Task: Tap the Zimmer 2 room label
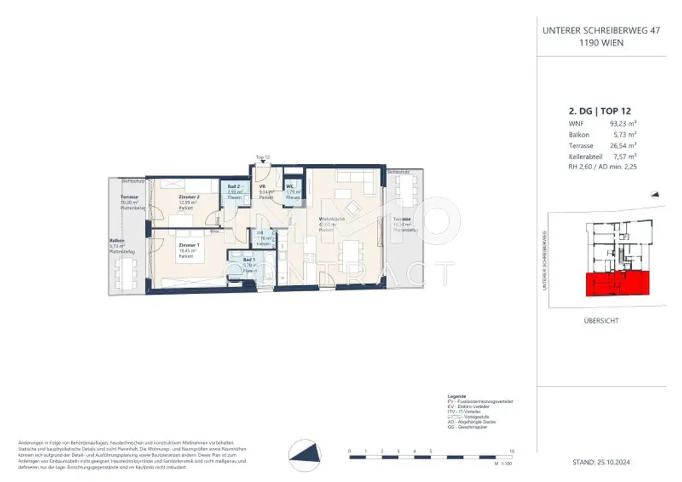189,197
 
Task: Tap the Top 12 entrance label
263,157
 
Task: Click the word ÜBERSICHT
600,321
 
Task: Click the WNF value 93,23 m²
623,123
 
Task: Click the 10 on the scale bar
511,451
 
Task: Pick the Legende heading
458,395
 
